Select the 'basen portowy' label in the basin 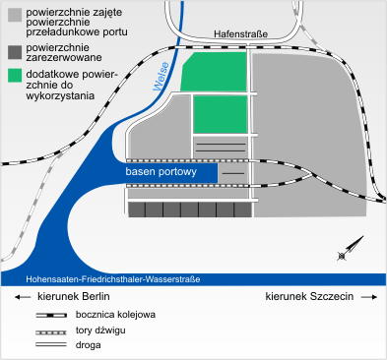(x=162, y=172)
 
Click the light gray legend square (x=14, y=14)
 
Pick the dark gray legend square (x=14, y=50)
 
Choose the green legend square (x=14, y=75)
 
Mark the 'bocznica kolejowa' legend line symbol (x=48, y=316)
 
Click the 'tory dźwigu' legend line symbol (x=48, y=331)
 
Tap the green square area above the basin (x=220, y=113)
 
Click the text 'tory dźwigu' (x=100, y=331)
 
